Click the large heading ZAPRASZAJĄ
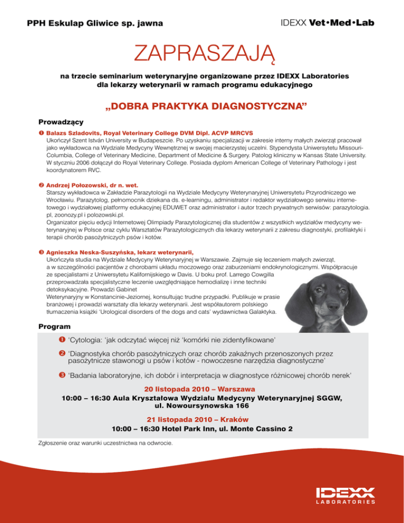pyautogui.click(x=202, y=53)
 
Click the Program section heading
pyautogui.click(x=55, y=327)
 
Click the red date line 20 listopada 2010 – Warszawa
pyautogui.click(x=202, y=390)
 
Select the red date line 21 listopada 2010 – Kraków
pyautogui.click(x=202, y=420)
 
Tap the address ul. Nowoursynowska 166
pyautogui.click(x=202, y=406)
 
